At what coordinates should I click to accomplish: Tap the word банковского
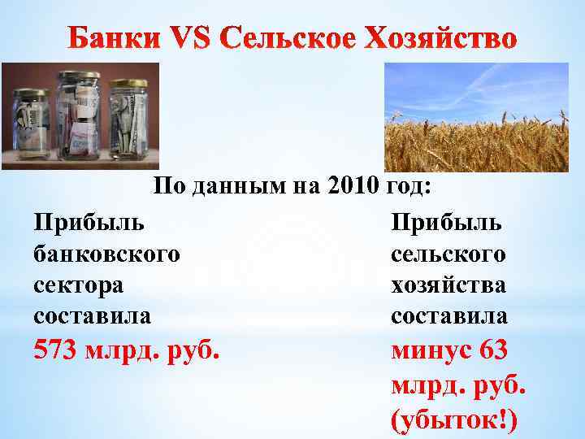point(106,254)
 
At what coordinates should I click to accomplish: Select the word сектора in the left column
point(79,285)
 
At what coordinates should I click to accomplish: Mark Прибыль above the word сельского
point(448,222)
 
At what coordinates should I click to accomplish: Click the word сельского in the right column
point(448,254)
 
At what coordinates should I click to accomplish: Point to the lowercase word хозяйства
point(448,285)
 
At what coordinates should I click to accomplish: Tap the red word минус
point(432,353)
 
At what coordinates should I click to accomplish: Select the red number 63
point(495,353)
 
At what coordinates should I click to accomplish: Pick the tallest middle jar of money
point(77,114)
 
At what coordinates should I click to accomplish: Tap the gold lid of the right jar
point(128,84)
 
